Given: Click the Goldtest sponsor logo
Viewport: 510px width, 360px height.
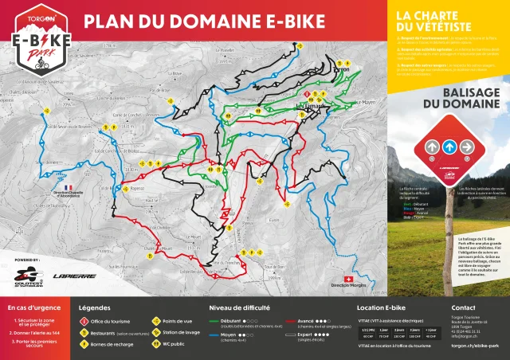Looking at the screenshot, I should coord(27,276).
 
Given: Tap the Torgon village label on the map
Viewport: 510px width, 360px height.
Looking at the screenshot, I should coord(338,69).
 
